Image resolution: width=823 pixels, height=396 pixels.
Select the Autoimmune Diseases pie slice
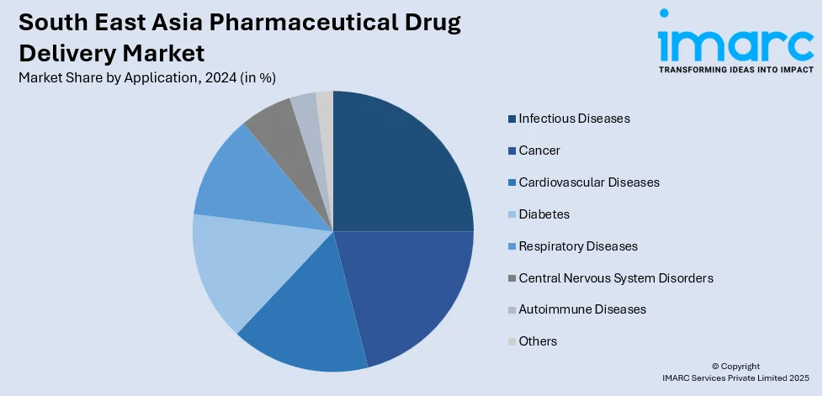tap(305, 109)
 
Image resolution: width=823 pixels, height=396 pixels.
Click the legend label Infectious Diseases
tap(574, 119)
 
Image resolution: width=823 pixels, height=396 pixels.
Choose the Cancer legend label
tap(539, 150)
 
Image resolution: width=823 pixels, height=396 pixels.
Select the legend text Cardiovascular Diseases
tap(589, 182)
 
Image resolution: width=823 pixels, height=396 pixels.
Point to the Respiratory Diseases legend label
tap(578, 246)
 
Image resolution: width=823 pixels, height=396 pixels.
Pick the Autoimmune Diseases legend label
tap(582, 309)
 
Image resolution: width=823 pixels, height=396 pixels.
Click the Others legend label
tap(538, 341)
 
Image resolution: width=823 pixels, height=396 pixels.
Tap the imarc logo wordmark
tap(735, 38)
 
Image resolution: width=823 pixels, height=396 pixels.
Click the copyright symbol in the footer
tap(715, 367)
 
